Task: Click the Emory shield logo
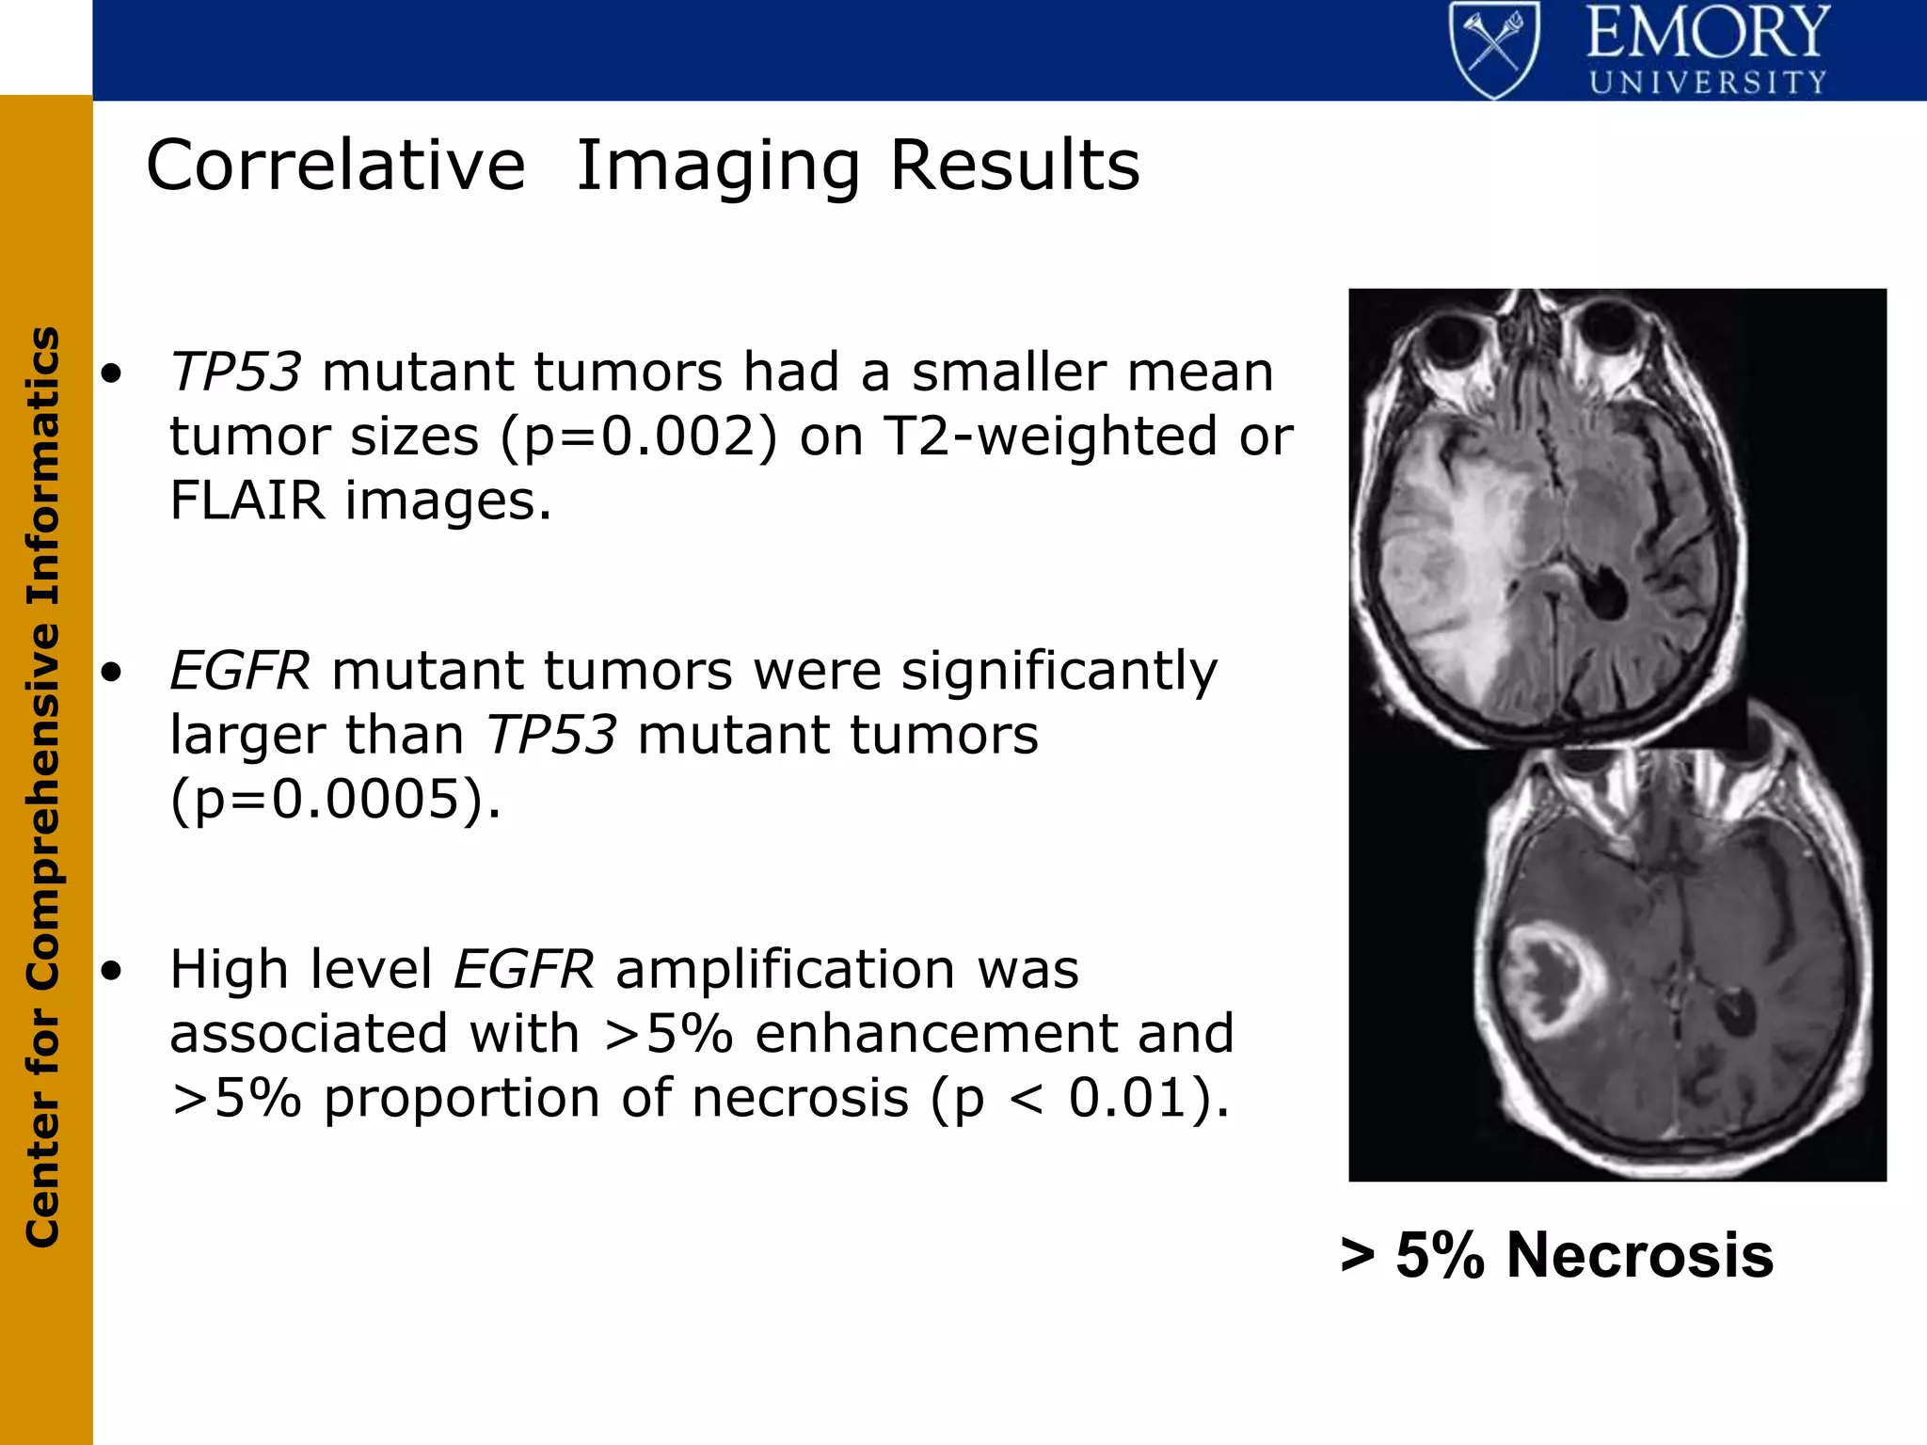click(x=1494, y=49)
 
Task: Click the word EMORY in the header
click(x=1708, y=33)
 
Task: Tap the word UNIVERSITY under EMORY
click(x=1708, y=83)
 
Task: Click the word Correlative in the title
click(x=335, y=166)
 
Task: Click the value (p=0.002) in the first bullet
click(x=639, y=437)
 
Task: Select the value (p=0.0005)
click(x=335, y=800)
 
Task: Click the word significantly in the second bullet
click(x=1059, y=671)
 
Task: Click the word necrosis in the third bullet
click(x=800, y=1099)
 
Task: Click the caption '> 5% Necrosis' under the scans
click(x=1556, y=1256)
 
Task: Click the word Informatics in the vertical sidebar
click(x=43, y=466)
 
